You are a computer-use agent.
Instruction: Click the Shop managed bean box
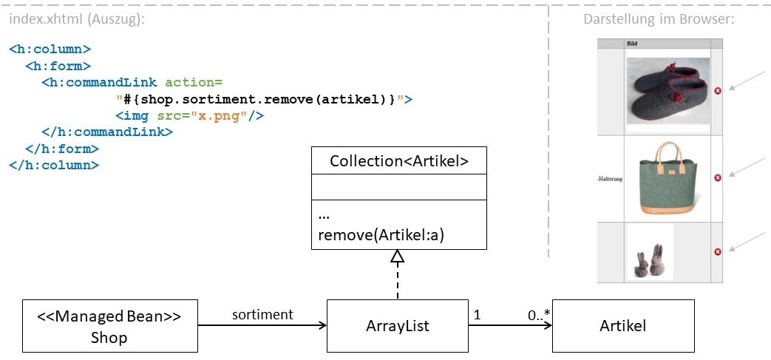109,326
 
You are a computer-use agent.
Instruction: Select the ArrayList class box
397,326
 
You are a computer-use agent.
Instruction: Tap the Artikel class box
623,326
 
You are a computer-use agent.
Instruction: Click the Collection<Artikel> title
398,161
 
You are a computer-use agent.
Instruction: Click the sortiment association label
262,314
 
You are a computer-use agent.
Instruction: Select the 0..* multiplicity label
540,315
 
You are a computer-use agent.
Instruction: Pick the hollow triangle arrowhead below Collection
398,257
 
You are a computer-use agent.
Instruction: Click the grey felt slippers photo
668,91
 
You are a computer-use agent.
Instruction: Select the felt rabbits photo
649,254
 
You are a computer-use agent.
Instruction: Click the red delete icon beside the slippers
717,90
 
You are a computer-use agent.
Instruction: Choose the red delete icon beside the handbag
717,178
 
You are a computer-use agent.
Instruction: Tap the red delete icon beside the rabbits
717,252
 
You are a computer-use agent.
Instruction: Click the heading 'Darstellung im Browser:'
658,19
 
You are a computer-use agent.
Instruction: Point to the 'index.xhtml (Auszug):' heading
77,20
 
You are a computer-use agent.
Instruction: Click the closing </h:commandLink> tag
107,132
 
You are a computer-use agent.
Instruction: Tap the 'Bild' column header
632,44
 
